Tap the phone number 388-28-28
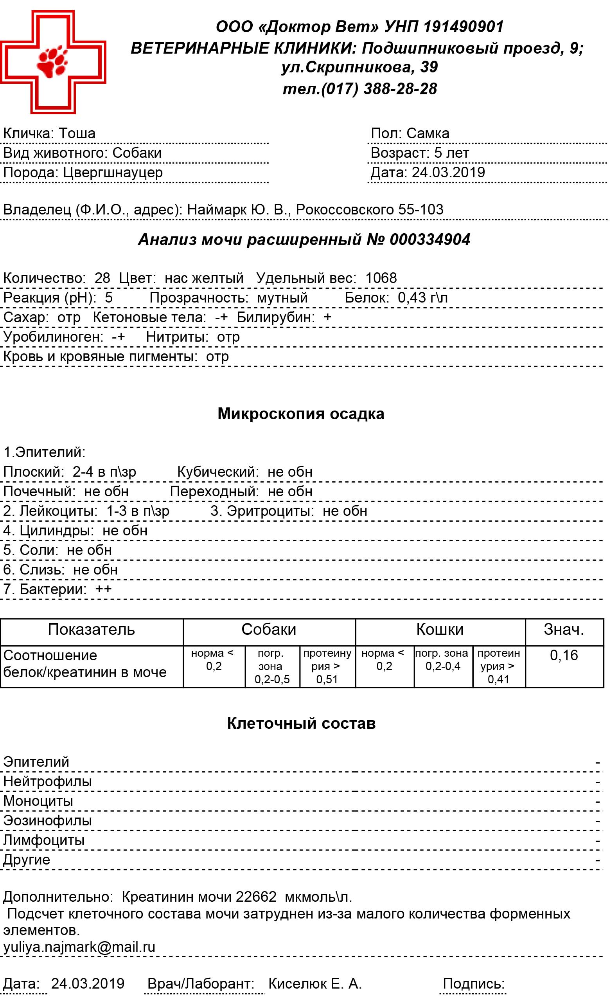tap(400, 89)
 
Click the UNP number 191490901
tap(464, 27)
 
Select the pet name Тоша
tap(77, 133)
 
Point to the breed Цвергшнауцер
tap(113, 173)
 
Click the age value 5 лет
tap(451, 153)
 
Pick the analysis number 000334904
tap(430, 240)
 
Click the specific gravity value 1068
tap(381, 278)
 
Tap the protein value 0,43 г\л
tap(423, 298)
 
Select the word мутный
tap(282, 298)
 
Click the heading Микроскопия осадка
tap(301, 414)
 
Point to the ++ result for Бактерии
tap(103, 589)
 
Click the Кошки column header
tap(440, 629)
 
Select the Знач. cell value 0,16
tap(564, 655)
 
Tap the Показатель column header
tap(91, 629)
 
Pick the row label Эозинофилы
tap(48, 821)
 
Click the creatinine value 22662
tap(256, 897)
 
